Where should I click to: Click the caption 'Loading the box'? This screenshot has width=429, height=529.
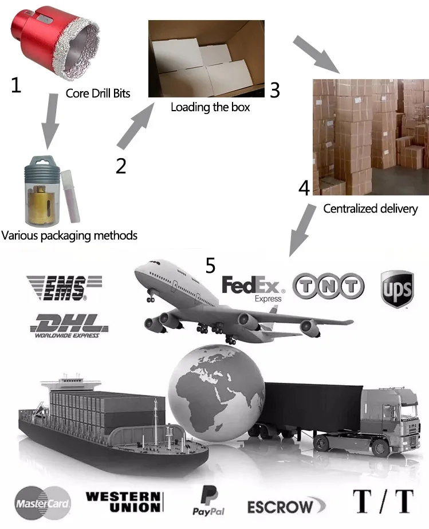(x=210, y=107)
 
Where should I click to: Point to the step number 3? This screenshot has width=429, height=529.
(x=275, y=90)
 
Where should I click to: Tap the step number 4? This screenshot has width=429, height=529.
(x=304, y=187)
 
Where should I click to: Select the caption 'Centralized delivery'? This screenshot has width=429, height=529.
(x=371, y=209)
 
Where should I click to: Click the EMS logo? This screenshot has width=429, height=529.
(x=64, y=287)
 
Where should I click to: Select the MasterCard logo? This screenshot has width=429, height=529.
(x=43, y=503)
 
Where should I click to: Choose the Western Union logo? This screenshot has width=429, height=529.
(x=124, y=501)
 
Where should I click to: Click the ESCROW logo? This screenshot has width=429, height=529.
(x=281, y=506)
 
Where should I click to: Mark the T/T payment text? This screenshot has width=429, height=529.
(x=383, y=501)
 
